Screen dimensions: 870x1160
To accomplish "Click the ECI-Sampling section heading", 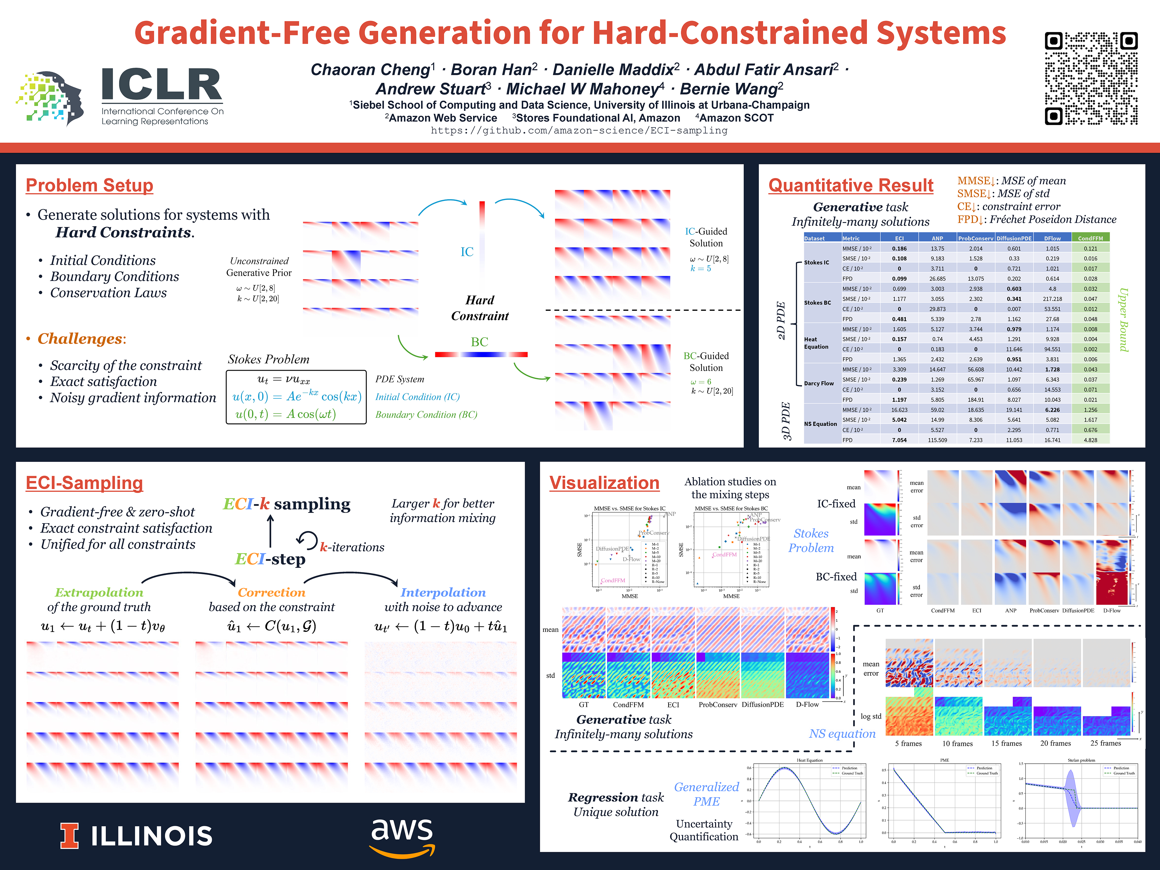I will (x=84, y=482).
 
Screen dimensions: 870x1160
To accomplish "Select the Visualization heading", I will (x=604, y=482).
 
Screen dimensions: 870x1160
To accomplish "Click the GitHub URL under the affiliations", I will (x=579, y=130).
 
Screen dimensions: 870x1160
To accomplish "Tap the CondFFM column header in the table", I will (x=1090, y=238).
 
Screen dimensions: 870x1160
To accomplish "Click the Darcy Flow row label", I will (x=819, y=383).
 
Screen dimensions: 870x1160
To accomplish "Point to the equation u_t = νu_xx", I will (x=284, y=379).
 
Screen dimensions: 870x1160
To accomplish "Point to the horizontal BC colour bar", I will (x=481, y=355).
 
